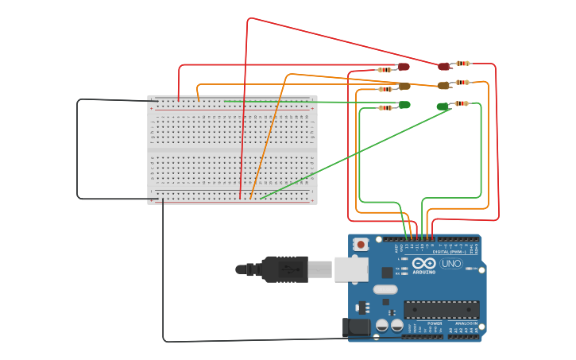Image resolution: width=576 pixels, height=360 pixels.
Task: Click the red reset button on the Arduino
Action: point(361,245)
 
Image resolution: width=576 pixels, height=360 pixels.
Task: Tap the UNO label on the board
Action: point(451,264)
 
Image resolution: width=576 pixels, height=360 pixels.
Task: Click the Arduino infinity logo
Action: point(424,264)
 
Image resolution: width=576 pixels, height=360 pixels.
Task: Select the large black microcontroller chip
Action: point(441,309)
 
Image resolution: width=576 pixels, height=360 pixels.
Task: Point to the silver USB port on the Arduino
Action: point(350,269)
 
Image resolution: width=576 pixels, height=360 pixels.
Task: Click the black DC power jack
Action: point(357,327)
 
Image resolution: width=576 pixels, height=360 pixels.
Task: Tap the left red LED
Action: point(404,67)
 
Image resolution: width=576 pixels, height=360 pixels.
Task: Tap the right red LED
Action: point(443,66)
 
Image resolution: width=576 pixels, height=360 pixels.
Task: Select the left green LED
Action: point(404,105)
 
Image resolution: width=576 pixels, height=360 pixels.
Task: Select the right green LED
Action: point(443,106)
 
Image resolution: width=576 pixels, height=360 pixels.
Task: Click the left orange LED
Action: point(404,86)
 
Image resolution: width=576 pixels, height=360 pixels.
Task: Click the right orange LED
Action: point(443,86)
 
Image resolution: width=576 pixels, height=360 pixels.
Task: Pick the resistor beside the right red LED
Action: point(462,64)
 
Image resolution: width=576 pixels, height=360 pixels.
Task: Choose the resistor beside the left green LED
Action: point(385,107)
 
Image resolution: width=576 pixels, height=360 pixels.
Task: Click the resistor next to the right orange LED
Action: point(462,83)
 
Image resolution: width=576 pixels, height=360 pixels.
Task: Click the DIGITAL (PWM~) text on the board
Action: point(449,252)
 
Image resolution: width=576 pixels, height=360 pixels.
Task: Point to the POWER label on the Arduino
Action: point(435,323)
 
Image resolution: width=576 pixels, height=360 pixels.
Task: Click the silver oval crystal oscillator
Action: point(385,289)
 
